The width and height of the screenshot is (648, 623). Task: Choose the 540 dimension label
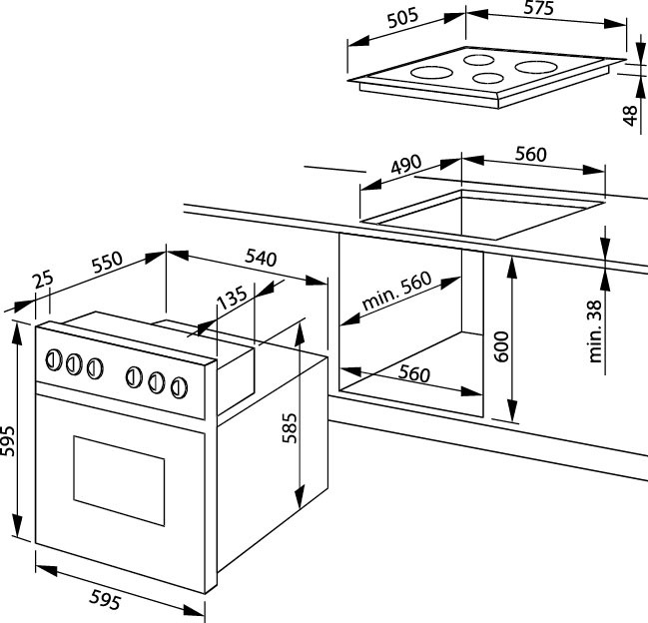(x=259, y=257)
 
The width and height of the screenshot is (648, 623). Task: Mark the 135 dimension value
(x=231, y=298)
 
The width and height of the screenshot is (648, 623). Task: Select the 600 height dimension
(x=501, y=349)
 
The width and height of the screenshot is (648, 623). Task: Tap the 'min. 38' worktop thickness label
(x=596, y=332)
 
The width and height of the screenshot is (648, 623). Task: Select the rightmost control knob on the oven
(x=179, y=385)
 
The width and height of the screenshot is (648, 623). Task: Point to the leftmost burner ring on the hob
(x=431, y=73)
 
